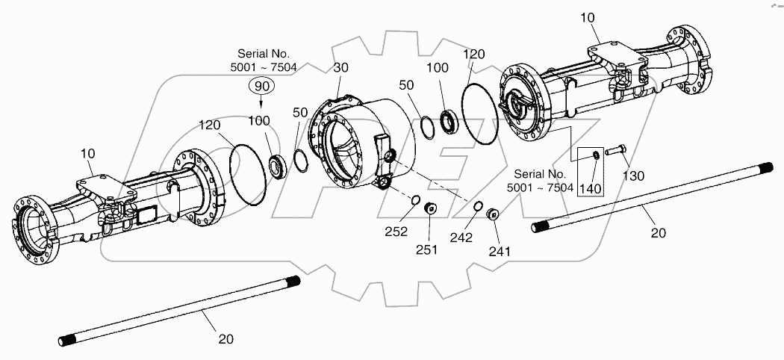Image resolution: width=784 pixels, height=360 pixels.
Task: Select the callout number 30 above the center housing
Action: click(341, 67)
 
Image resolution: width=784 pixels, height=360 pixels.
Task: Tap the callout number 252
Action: click(396, 232)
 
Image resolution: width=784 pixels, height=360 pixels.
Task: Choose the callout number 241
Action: click(499, 251)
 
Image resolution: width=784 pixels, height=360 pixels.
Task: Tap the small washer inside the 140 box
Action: click(594, 155)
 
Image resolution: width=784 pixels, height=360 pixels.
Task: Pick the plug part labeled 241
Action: click(492, 216)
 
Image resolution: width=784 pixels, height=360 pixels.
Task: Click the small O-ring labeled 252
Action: click(412, 201)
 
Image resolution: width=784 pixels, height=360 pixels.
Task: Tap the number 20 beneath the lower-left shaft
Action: click(225, 338)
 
